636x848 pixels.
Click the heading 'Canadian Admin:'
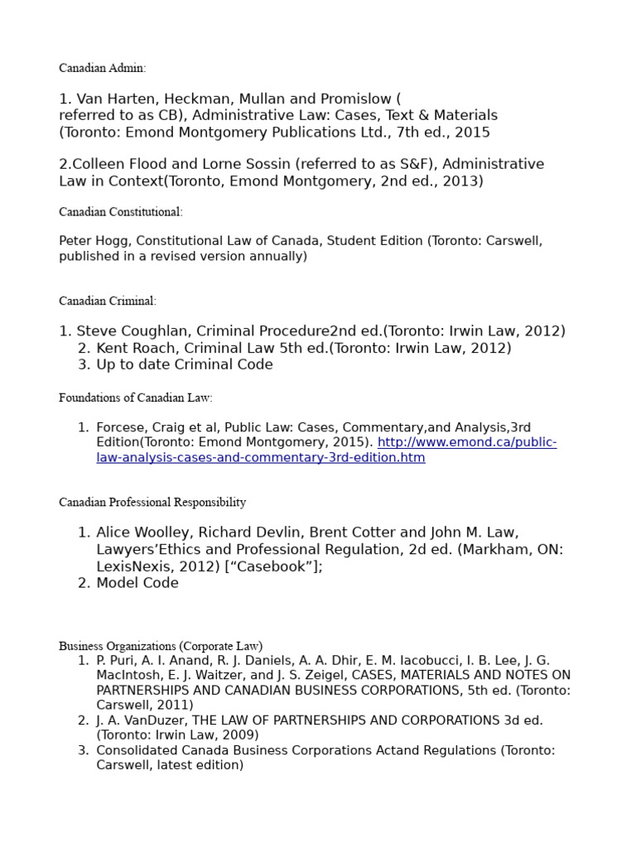pyautogui.click(x=102, y=68)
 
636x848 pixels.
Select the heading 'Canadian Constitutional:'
pyautogui.click(x=121, y=212)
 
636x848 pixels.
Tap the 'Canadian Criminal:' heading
pyautogui.click(x=108, y=301)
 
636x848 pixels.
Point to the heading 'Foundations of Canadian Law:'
pyautogui.click(x=136, y=398)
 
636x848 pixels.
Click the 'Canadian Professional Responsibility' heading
pyautogui.click(x=152, y=503)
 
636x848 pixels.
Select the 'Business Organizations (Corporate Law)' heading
pyautogui.click(x=161, y=646)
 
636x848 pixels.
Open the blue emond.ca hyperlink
pyautogui.click(x=325, y=450)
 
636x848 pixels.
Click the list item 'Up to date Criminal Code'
pyautogui.click(x=184, y=365)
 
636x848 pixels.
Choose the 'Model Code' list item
pyautogui.click(x=137, y=583)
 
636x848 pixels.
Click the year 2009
pyautogui.click(x=241, y=735)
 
